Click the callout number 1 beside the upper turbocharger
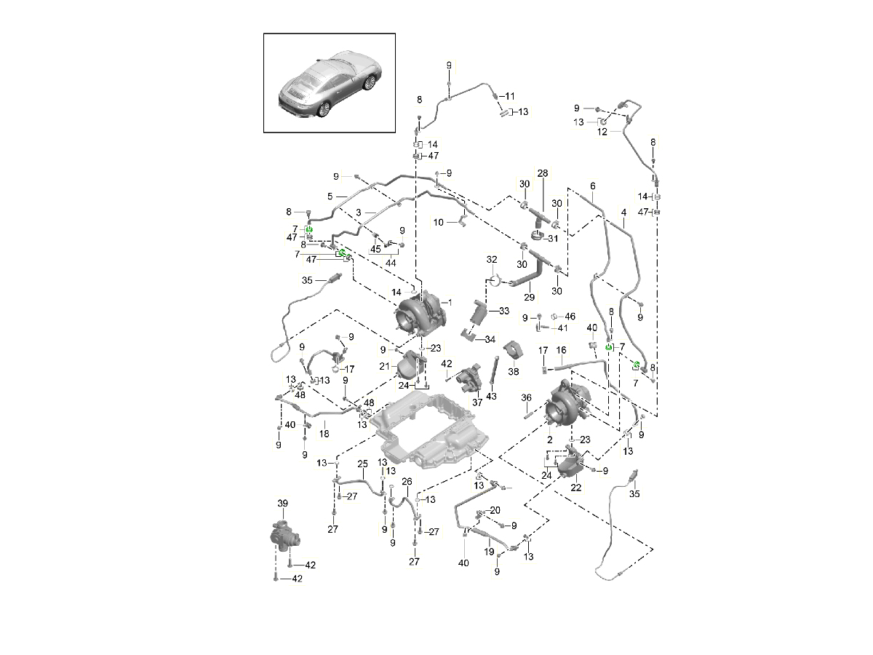(x=450, y=302)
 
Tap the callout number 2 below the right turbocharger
(x=549, y=441)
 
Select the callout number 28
(x=542, y=174)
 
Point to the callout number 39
(x=282, y=503)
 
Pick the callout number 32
(x=492, y=259)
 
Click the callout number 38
(x=514, y=371)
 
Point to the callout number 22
(x=575, y=488)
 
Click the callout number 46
(x=570, y=317)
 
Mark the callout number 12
(x=602, y=132)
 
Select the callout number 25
(x=362, y=464)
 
